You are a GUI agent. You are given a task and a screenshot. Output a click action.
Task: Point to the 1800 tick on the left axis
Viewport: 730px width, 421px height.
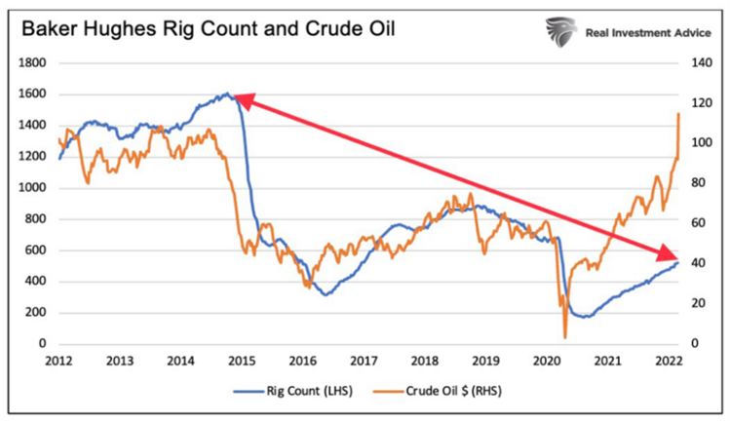click(x=36, y=63)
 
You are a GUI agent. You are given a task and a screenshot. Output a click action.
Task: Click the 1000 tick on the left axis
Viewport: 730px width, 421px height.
click(x=36, y=188)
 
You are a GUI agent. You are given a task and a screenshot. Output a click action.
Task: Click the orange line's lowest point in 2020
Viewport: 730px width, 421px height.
click(x=564, y=336)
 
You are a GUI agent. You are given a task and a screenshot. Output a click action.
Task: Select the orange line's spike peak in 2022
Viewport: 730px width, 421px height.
click(x=678, y=114)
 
